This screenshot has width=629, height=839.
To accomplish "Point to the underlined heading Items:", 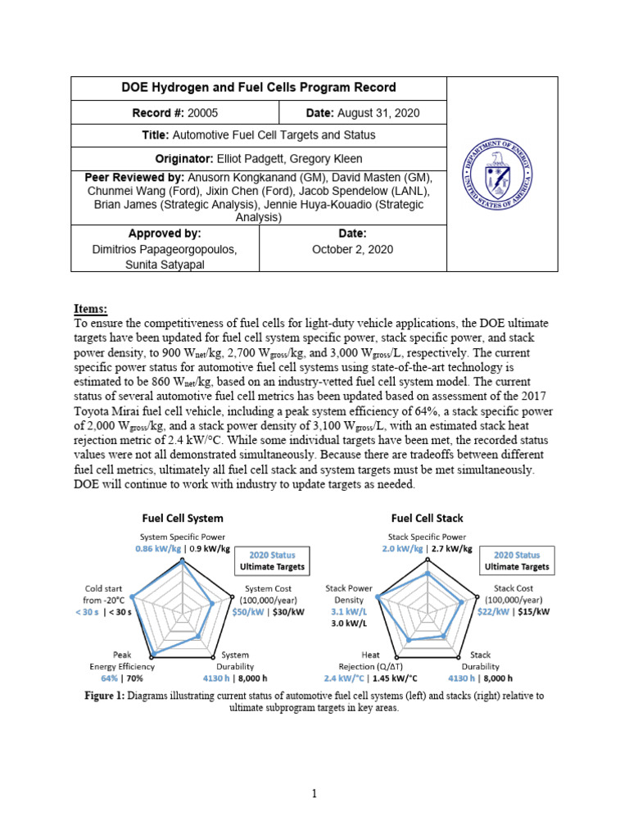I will tap(90, 309).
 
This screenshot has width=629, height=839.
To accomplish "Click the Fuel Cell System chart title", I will tap(183, 518).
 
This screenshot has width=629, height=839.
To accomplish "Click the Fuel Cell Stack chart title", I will tap(427, 518).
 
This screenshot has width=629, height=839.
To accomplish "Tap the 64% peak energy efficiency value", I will tap(109, 678).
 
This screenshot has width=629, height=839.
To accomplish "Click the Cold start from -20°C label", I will tap(104, 594).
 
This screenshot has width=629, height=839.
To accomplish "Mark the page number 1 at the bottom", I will tap(314, 793).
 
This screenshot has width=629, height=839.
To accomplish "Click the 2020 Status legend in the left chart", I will tap(272, 555).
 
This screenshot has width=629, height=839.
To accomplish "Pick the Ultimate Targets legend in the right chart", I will tap(517, 566).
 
